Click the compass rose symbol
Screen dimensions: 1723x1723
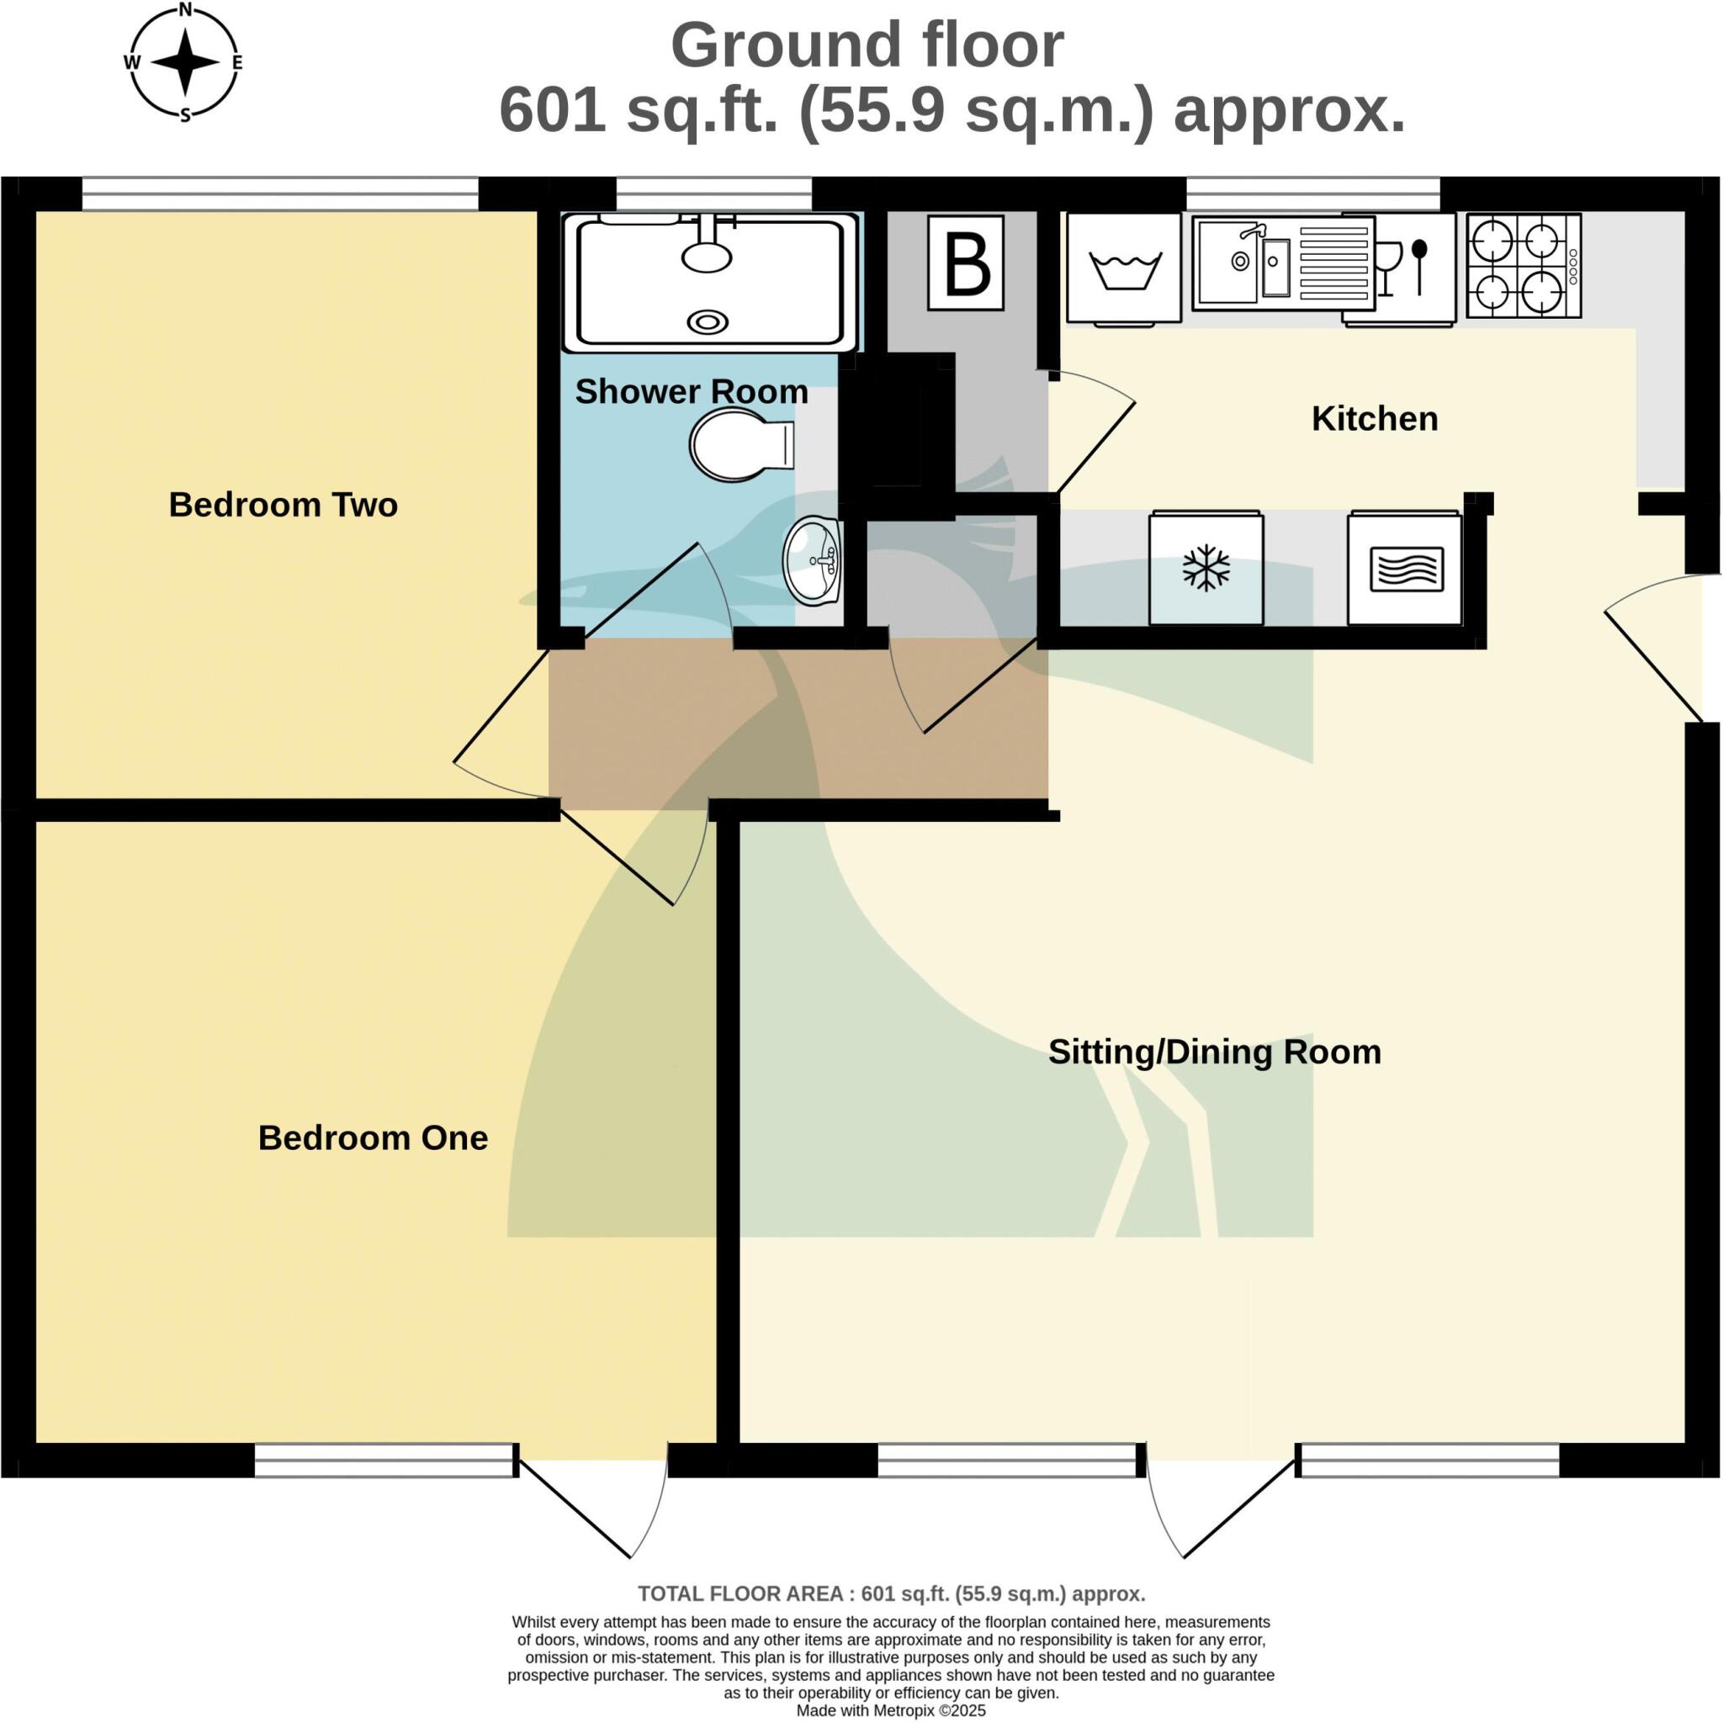tap(184, 61)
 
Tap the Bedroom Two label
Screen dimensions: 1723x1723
tap(283, 505)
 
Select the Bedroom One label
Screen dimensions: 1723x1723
tap(373, 1138)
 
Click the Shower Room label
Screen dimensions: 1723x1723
tap(692, 391)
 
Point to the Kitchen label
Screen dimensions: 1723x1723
tap(1375, 419)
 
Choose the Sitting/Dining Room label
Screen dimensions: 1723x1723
tap(1215, 1052)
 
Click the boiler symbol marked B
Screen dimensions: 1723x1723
tap(966, 263)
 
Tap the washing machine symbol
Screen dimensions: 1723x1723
tap(1125, 268)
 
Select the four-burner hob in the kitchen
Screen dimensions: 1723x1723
tap(1524, 266)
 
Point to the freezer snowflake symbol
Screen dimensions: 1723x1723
tap(1206, 567)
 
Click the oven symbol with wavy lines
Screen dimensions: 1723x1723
tap(1406, 568)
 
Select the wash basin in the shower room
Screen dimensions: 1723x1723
tap(813, 561)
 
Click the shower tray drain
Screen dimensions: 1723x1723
tap(708, 322)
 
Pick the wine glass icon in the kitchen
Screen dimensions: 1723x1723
tap(1388, 268)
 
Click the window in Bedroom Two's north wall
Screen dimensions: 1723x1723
tap(280, 194)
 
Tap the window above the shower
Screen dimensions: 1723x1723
tap(713, 194)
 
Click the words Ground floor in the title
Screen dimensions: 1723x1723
tap(867, 45)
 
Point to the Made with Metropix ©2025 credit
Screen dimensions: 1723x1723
tap(891, 1710)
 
